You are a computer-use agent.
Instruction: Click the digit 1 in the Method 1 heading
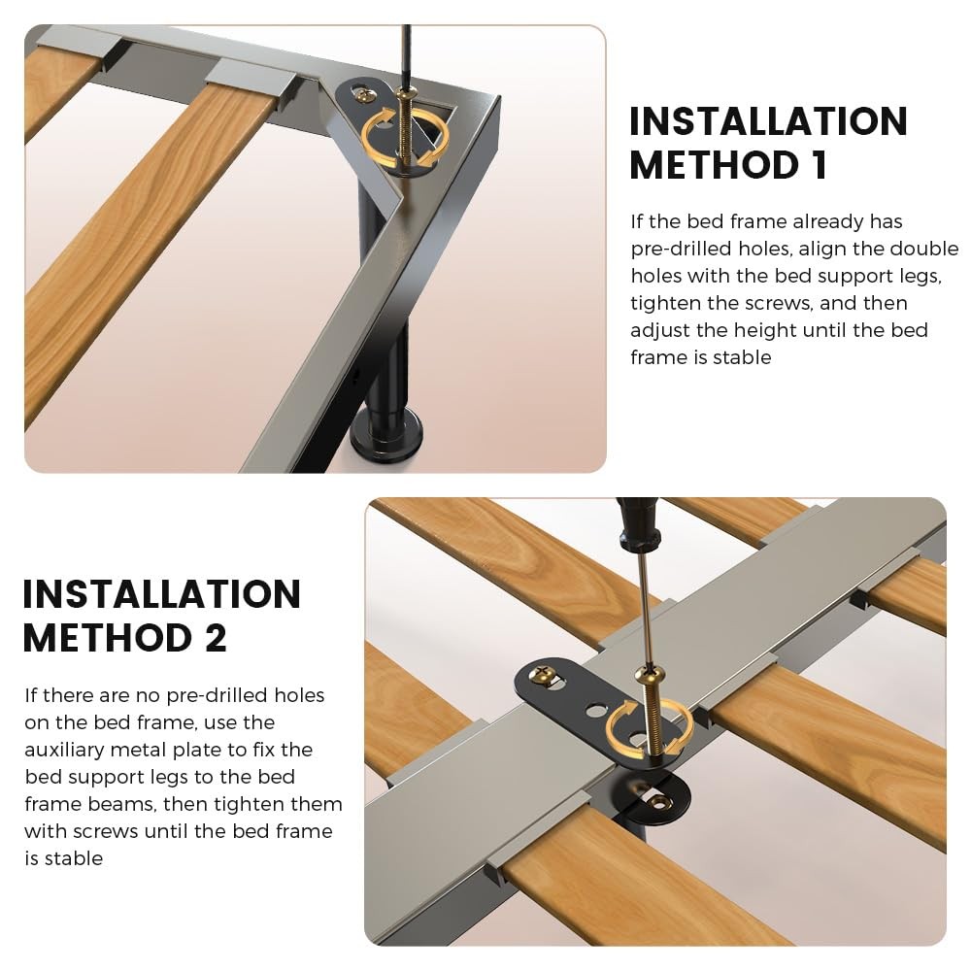click(x=820, y=165)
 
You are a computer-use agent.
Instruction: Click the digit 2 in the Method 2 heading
click(x=215, y=638)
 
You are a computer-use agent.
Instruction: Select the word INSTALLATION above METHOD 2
click(x=161, y=594)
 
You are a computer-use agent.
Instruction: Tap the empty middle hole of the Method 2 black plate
click(x=596, y=710)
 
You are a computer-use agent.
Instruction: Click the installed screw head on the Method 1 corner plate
click(x=365, y=94)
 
